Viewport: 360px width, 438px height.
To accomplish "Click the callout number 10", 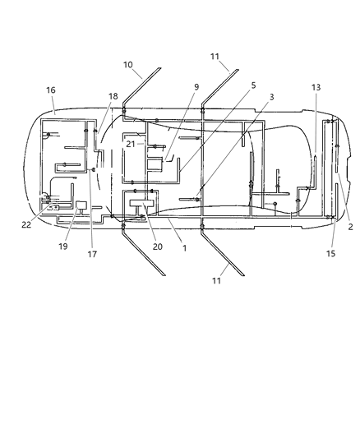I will coord(128,64).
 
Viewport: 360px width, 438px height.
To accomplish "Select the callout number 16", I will coord(51,90).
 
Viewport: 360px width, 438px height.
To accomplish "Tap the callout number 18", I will coord(113,96).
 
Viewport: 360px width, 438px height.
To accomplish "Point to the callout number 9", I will coord(196,86).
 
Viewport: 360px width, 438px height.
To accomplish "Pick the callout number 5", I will coord(253,85).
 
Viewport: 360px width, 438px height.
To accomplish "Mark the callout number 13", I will coord(316,87).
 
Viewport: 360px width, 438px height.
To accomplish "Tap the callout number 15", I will coord(331,254).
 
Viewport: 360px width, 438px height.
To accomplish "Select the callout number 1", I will coord(184,247).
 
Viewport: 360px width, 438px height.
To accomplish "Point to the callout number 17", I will coord(92,254).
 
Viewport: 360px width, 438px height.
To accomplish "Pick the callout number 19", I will coord(63,245).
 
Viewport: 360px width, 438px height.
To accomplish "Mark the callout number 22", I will coord(26,224).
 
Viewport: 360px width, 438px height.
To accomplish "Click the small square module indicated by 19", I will coord(81,205).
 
